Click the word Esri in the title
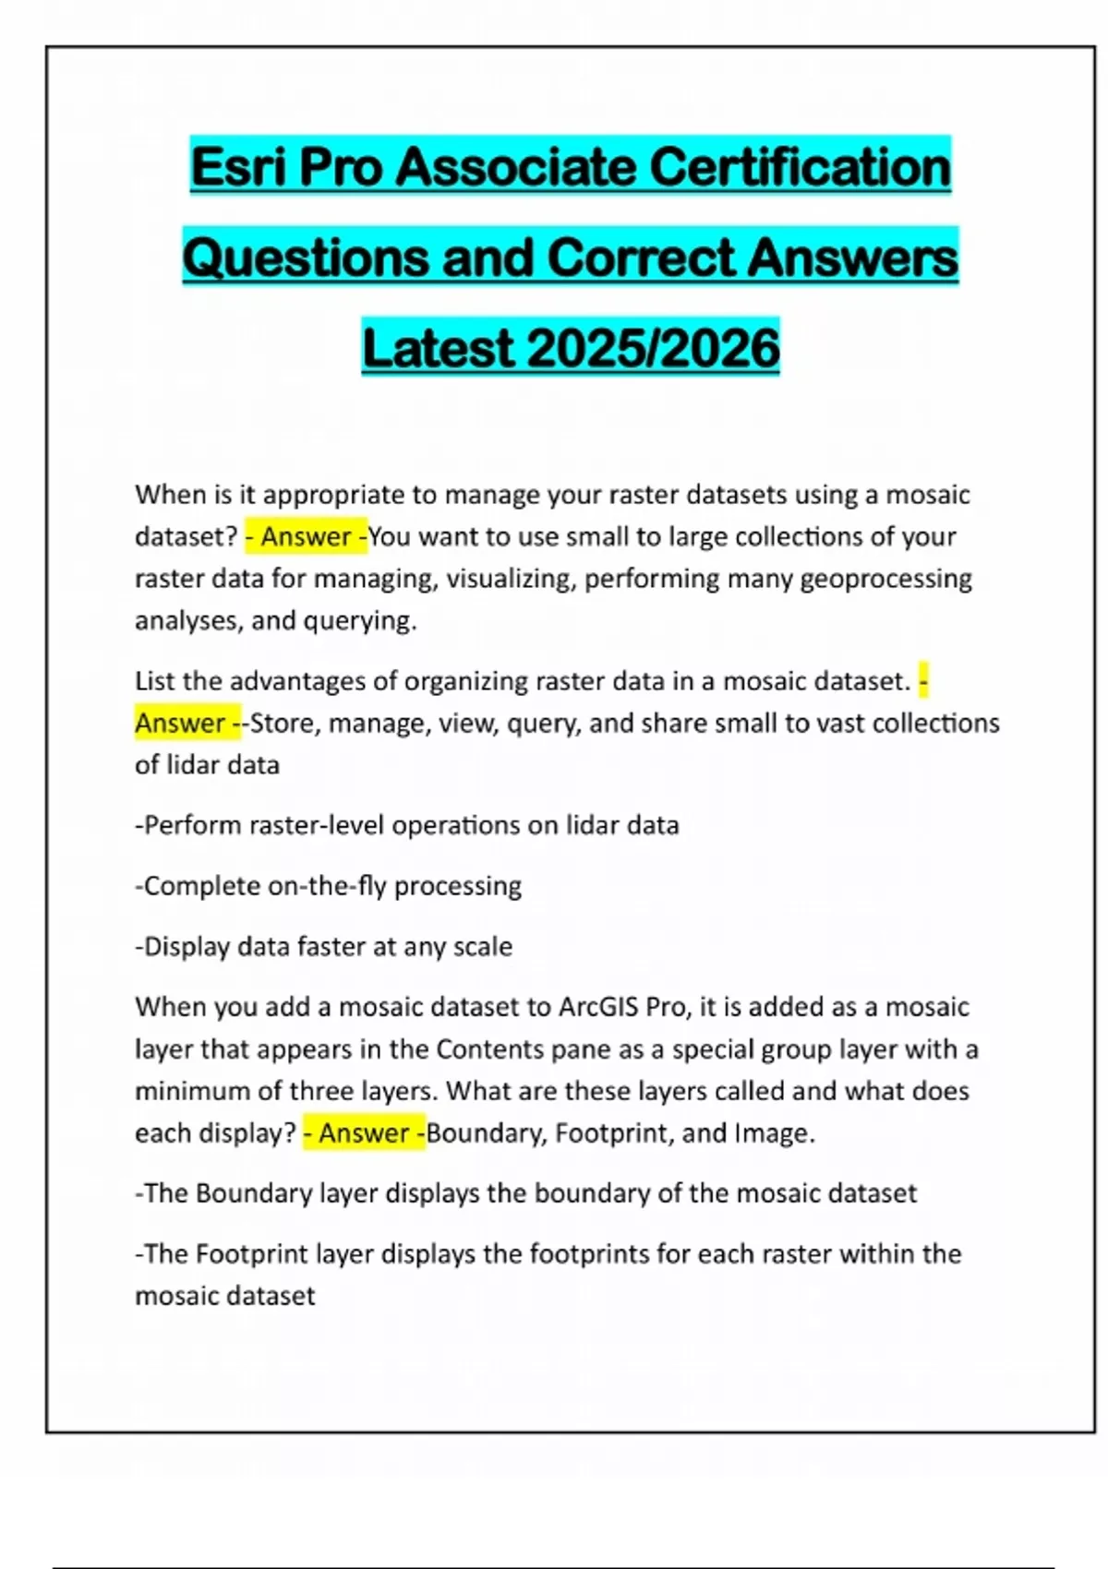238,167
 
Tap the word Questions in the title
306,258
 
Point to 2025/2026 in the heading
654,349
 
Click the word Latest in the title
438,349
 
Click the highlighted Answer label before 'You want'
307,537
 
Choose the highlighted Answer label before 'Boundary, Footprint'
364,1133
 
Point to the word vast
839,723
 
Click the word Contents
489,1049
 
